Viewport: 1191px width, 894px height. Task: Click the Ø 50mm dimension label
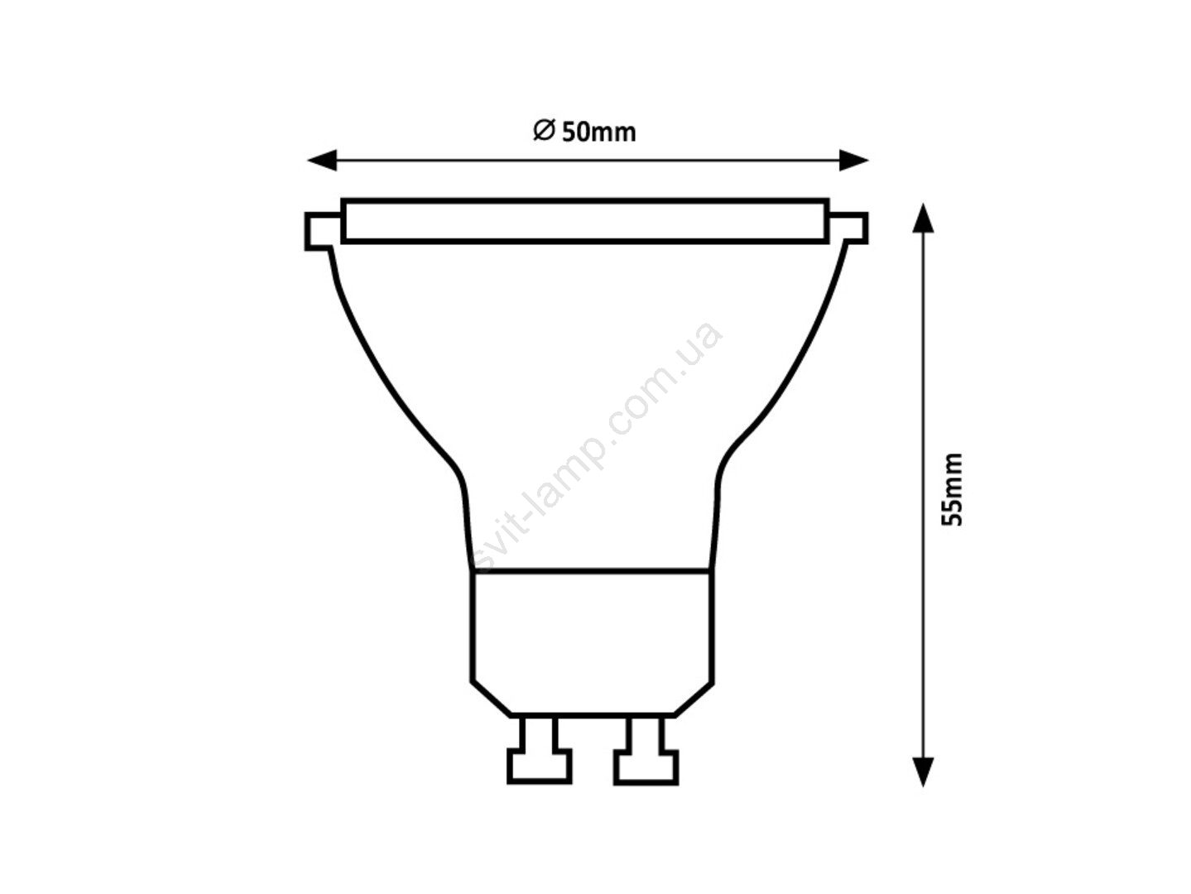click(x=584, y=132)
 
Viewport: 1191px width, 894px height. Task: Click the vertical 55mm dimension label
click(x=951, y=490)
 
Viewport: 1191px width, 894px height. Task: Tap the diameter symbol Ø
click(x=544, y=131)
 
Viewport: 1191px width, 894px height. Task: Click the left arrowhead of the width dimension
click(x=322, y=160)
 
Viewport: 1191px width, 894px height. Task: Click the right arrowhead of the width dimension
click(x=854, y=160)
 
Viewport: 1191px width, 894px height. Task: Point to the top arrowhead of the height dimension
click(x=923, y=218)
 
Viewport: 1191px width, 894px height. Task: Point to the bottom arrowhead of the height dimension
click(x=923, y=771)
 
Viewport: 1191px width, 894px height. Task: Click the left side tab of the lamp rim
click(x=324, y=231)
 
